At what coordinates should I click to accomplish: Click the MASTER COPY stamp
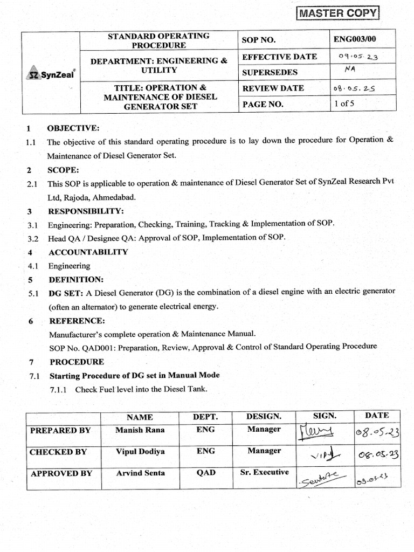pos(339,13)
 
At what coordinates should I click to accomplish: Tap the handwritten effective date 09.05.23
pos(358,57)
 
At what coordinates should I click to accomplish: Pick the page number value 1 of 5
pos(344,104)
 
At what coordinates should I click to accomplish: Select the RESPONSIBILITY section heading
pos(86,211)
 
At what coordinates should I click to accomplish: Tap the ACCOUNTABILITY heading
pos(88,252)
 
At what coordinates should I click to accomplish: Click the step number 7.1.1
pos(57,389)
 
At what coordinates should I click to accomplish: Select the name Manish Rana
pos(139,430)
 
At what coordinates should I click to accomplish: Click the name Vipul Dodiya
pos(140,451)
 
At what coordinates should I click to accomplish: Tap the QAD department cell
pos(205,473)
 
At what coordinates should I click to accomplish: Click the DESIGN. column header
pos(264,416)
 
